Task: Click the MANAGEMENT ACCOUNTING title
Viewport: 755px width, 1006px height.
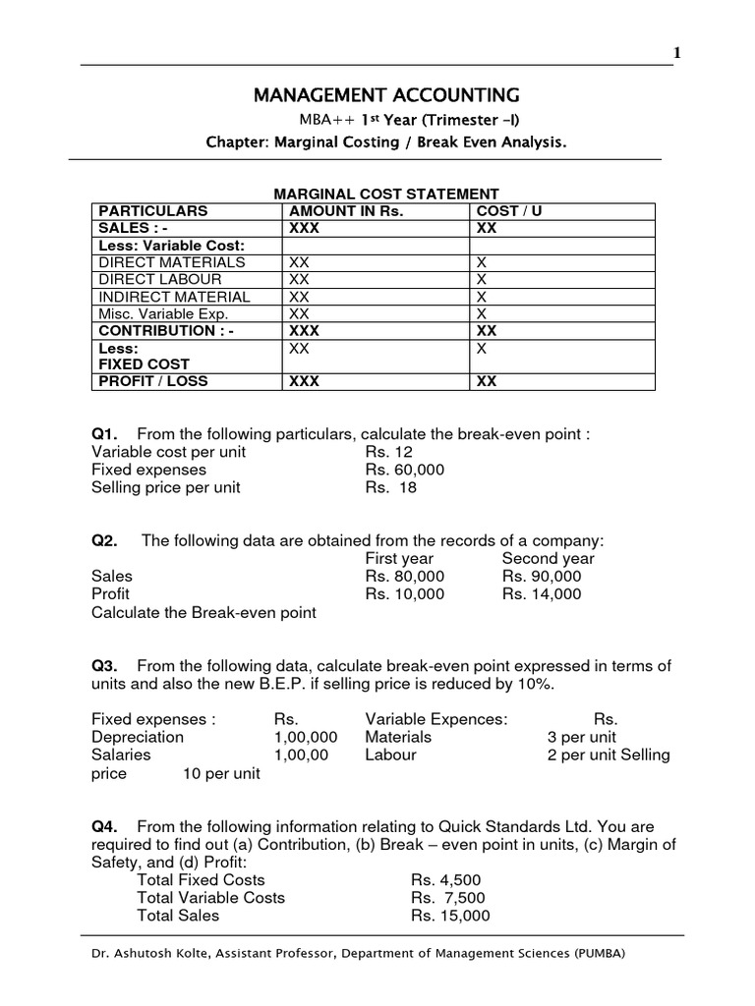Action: (x=386, y=95)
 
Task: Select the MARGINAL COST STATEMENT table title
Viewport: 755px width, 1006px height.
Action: (x=386, y=195)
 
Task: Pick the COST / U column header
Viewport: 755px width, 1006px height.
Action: (x=509, y=211)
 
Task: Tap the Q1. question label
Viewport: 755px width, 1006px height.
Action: (x=105, y=435)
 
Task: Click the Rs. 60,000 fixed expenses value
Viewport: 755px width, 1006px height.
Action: (x=404, y=470)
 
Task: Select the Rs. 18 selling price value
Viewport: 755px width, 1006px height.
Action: (x=391, y=487)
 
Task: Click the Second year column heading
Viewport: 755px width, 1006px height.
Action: (x=548, y=558)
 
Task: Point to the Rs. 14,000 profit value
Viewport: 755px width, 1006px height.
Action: (x=541, y=593)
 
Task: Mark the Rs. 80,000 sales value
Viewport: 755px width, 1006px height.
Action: (x=404, y=576)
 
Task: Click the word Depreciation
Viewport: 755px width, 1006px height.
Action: (x=137, y=737)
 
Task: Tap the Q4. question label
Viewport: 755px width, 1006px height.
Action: (x=105, y=826)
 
